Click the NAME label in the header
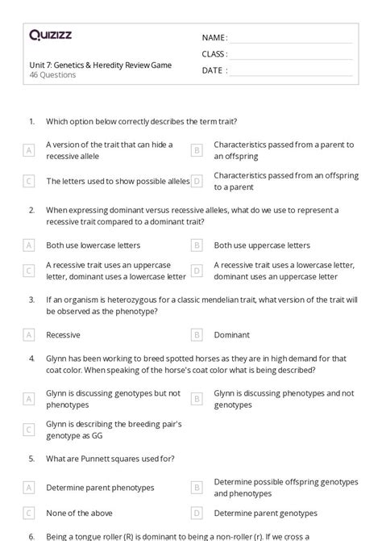click(x=214, y=38)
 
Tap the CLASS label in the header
click(x=214, y=54)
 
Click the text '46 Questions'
click(x=52, y=75)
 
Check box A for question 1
click(x=29, y=150)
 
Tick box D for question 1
click(x=196, y=182)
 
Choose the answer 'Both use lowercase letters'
click(x=93, y=245)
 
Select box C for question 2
click(x=29, y=270)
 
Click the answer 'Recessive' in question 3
click(x=63, y=334)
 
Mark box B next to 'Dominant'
click(x=196, y=334)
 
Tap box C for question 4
click(x=29, y=430)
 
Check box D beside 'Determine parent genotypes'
click(x=196, y=513)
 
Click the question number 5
click(x=31, y=459)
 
